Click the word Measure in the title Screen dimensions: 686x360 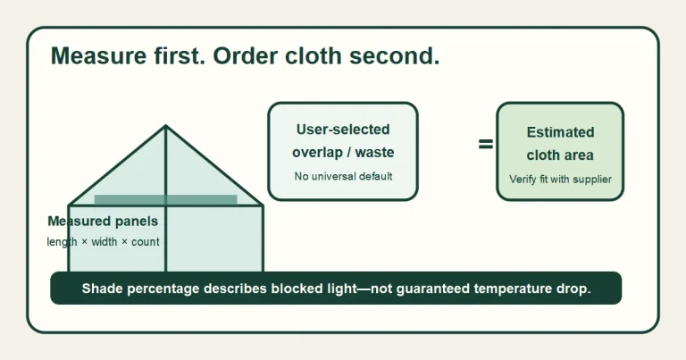click(x=99, y=55)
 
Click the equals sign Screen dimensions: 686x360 click(x=486, y=144)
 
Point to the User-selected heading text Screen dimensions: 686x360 click(x=343, y=130)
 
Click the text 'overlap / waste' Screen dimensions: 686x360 click(x=343, y=152)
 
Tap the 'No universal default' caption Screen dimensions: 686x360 click(x=343, y=176)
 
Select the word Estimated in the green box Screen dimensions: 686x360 click(x=560, y=132)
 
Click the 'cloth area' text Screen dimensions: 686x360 click(x=560, y=155)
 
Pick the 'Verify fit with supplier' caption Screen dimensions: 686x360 click(x=560, y=179)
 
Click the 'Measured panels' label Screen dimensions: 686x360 click(x=103, y=221)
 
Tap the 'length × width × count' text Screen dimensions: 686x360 click(x=103, y=241)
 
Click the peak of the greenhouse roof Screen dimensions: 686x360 click(x=165, y=126)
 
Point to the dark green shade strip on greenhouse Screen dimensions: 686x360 click(x=166, y=200)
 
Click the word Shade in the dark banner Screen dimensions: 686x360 click(x=102, y=289)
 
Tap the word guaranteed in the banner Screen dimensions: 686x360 click(x=432, y=289)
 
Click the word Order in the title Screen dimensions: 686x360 click(x=245, y=55)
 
